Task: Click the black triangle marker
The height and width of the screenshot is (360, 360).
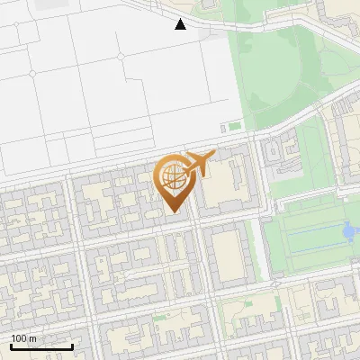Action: click(181, 24)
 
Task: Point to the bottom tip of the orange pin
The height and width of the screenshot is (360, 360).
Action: click(174, 212)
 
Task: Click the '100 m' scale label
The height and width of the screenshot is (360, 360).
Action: click(23, 338)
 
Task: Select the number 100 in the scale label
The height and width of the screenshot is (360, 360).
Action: click(19, 338)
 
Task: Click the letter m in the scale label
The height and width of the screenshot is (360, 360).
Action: click(32, 338)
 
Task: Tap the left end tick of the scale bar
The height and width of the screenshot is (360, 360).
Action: click(11, 346)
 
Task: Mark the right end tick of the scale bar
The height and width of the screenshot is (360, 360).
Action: click(72, 346)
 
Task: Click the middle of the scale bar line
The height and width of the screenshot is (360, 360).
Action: click(41, 347)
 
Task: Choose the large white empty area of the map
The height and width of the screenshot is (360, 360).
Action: click(108, 72)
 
